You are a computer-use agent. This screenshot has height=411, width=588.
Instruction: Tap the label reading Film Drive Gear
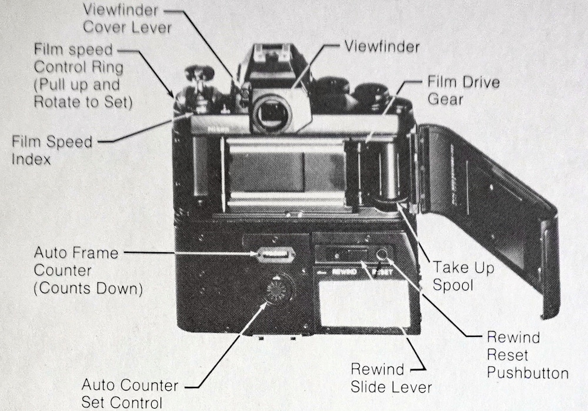pos(463,90)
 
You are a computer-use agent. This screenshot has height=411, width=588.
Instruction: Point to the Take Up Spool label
pos(463,276)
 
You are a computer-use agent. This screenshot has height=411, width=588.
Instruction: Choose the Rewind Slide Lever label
pos(391,378)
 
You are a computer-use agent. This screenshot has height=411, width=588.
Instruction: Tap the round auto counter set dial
pos(278,289)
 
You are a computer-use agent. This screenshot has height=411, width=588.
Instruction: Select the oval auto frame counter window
pos(275,255)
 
